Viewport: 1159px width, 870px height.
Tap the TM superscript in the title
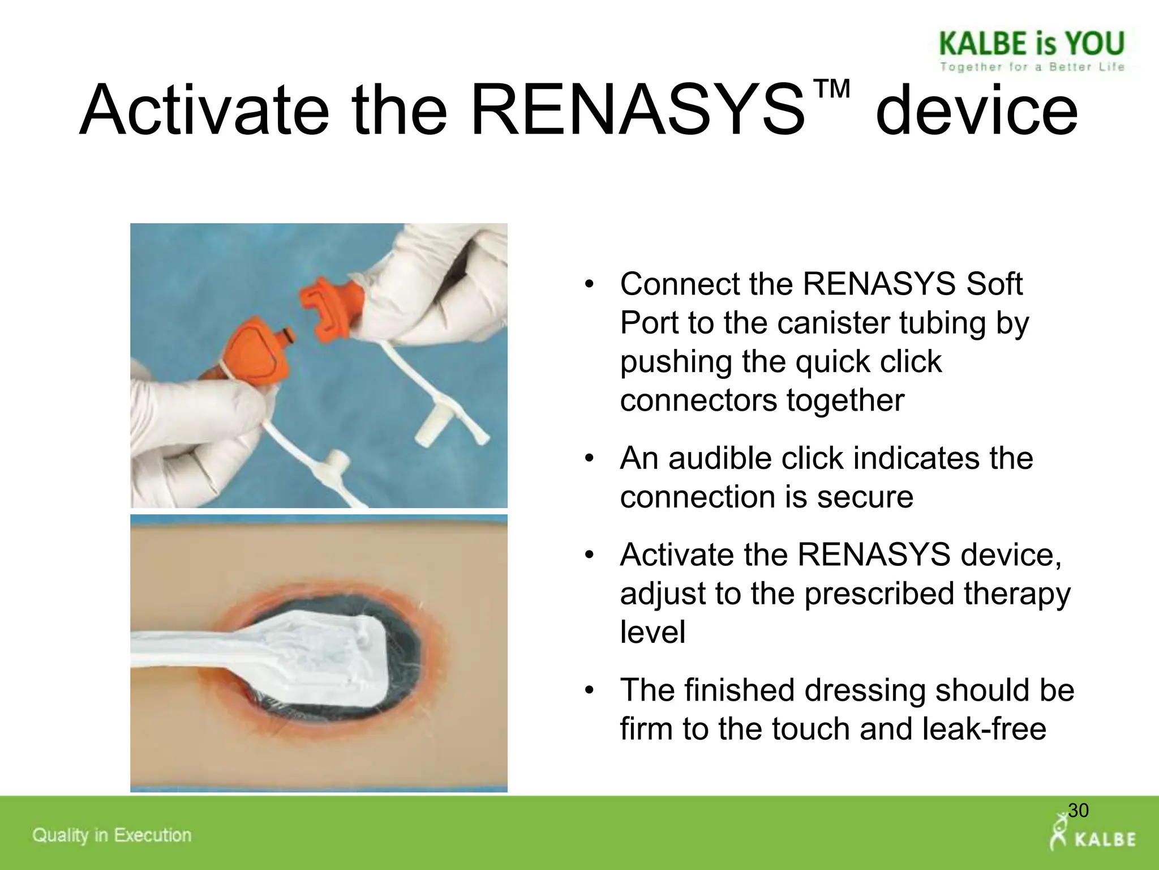coord(832,89)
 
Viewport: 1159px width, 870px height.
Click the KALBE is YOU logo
coord(1031,44)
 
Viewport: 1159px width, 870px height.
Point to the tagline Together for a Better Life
coord(1031,67)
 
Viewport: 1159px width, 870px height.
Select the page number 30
coord(1078,811)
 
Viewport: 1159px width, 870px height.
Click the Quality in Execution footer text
coord(112,835)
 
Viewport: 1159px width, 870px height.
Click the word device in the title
coord(976,110)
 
